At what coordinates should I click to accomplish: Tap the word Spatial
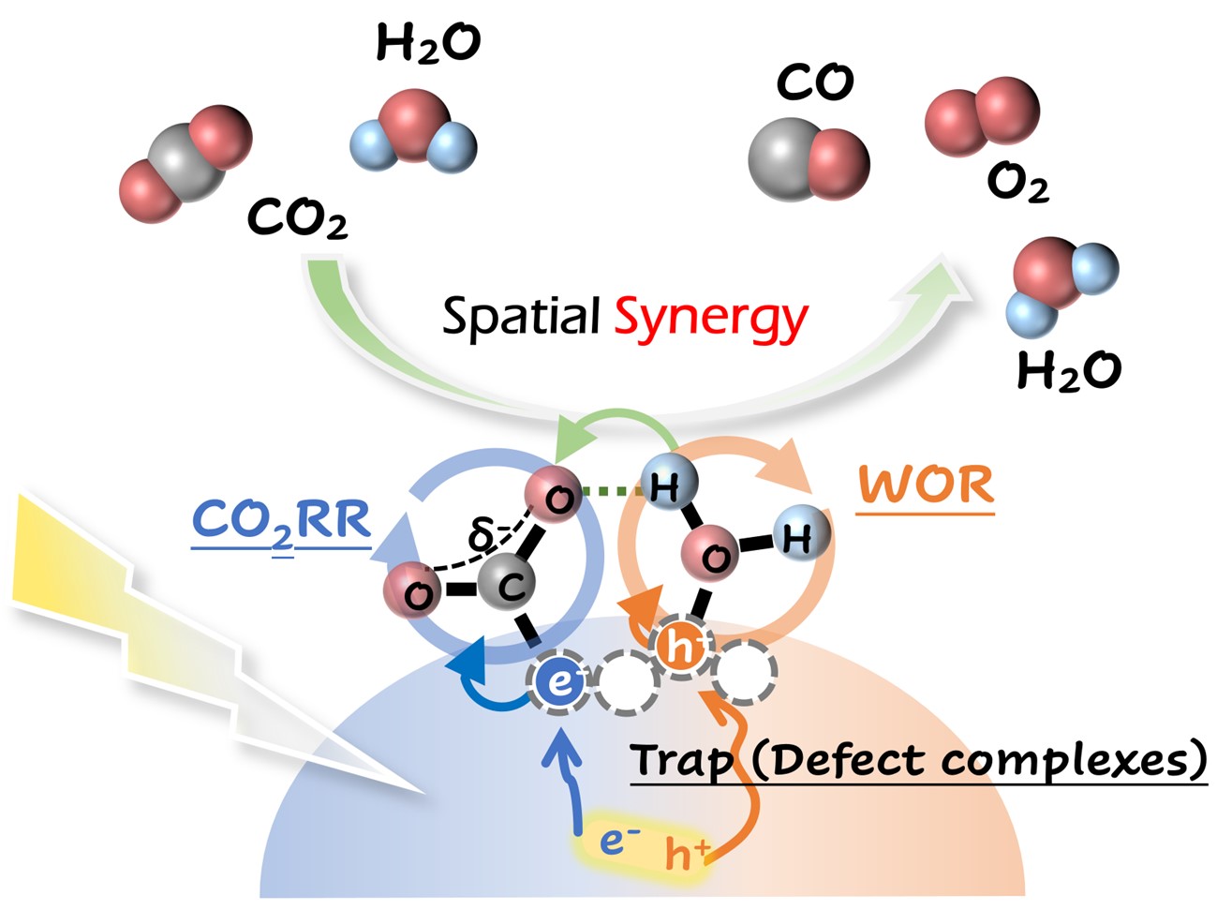(520, 316)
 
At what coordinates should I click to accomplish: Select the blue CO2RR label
(282, 522)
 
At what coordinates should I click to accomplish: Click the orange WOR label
(926, 485)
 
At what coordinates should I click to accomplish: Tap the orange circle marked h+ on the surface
(681, 647)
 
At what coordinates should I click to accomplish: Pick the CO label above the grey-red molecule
(814, 83)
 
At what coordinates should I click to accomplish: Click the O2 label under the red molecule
(1017, 183)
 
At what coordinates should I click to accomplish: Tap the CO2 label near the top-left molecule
(297, 219)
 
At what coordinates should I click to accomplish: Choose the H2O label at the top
(428, 43)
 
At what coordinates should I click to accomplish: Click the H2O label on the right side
(1068, 371)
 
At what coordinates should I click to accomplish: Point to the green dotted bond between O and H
(614, 489)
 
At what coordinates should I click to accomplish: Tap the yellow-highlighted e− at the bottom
(613, 841)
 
